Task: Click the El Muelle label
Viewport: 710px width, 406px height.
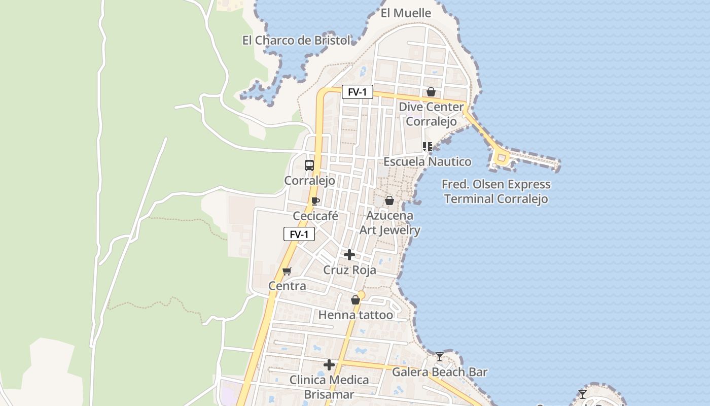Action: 406,13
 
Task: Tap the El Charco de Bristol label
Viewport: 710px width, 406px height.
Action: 297,41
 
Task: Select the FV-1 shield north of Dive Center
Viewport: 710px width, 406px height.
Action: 358,92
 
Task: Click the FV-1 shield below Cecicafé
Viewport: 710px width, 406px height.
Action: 299,234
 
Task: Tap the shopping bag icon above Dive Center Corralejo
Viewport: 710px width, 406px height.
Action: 431,92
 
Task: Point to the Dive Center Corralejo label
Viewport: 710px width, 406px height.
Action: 431,114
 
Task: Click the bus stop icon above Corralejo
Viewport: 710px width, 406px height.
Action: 309,165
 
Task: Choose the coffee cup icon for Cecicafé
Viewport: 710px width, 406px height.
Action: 315,201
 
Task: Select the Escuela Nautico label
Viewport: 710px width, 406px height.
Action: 427,161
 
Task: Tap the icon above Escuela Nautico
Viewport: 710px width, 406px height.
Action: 428,147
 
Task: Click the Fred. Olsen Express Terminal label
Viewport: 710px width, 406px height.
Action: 496,191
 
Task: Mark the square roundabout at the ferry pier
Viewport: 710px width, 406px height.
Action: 502,158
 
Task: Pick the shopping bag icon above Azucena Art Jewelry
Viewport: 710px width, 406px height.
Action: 389,200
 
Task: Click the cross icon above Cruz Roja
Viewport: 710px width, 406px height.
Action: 349,254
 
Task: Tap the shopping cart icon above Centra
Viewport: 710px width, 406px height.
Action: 287,271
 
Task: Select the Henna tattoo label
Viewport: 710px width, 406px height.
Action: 356,315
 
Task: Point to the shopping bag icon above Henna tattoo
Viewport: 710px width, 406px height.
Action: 356,300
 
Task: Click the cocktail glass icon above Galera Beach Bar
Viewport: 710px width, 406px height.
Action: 440,357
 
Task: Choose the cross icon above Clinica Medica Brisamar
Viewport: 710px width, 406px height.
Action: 329,364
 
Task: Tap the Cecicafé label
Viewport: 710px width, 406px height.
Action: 315,216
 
